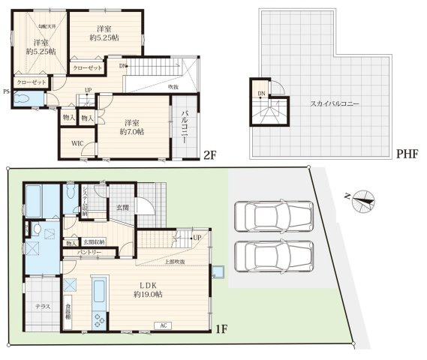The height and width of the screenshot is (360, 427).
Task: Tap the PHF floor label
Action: click(406, 155)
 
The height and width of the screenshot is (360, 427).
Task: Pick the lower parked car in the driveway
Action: click(272, 259)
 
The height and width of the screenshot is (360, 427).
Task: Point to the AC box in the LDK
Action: click(163, 325)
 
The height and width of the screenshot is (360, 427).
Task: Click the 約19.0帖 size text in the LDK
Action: click(146, 294)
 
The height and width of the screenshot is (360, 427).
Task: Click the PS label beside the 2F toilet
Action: click(6, 93)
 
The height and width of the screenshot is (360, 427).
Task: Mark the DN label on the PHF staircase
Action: click(260, 94)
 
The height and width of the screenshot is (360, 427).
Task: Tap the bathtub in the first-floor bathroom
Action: click(34, 202)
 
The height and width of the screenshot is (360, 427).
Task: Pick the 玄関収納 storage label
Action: click(95, 241)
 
